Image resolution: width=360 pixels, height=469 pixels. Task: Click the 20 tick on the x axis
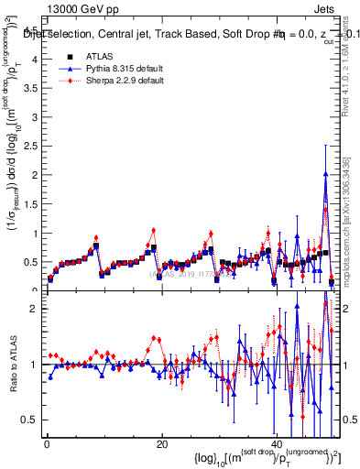161,444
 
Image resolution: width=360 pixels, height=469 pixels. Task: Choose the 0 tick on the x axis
46,444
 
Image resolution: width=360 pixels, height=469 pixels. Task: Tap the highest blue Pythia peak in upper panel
325,174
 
